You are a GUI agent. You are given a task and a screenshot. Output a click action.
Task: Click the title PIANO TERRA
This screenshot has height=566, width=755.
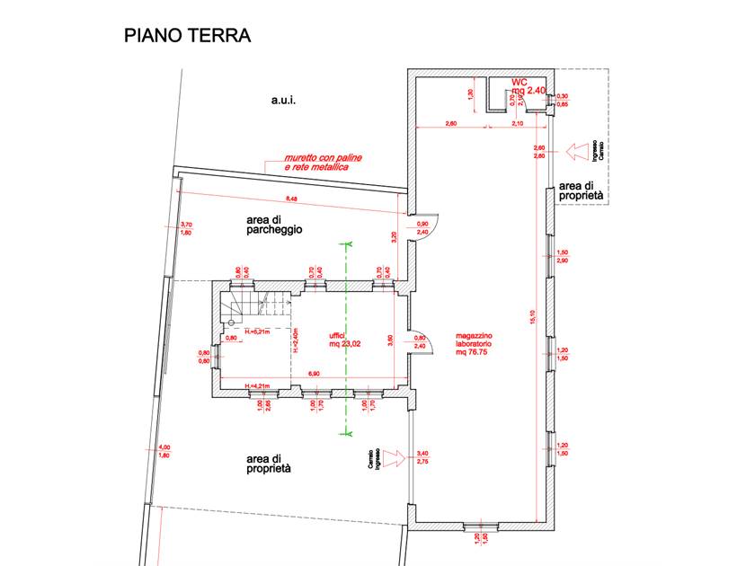tap(186, 36)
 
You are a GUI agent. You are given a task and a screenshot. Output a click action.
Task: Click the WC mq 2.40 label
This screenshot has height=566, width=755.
tap(528, 85)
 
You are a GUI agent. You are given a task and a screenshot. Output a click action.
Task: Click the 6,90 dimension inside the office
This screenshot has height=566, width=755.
tap(314, 373)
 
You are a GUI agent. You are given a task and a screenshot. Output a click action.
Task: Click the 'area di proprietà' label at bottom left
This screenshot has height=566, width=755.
tap(268, 464)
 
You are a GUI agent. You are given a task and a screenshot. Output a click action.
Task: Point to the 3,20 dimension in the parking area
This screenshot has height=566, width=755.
tap(393, 238)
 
